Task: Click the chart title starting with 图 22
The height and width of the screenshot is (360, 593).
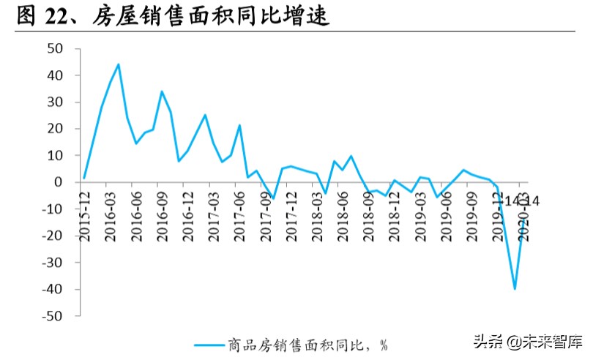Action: (x=173, y=16)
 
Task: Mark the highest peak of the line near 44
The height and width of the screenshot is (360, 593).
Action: (x=119, y=64)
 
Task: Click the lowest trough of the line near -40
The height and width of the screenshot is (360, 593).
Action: (x=515, y=289)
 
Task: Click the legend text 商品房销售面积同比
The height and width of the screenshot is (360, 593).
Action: (x=303, y=344)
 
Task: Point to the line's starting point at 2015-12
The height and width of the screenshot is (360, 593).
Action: (x=84, y=178)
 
